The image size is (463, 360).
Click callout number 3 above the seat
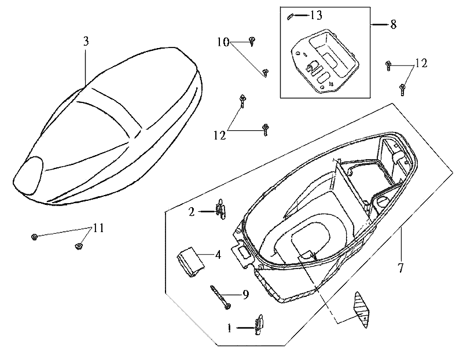click(86, 41)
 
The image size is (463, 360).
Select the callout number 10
click(223, 42)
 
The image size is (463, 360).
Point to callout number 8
click(393, 24)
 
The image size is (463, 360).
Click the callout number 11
click(98, 228)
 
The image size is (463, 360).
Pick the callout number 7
click(400, 268)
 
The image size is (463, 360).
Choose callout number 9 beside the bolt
click(245, 295)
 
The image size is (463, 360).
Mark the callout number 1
click(230, 329)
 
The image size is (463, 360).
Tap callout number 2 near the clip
click(192, 212)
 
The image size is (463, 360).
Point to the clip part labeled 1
click(259, 325)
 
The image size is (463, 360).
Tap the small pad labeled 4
click(189, 260)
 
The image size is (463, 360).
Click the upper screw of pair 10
click(252, 40)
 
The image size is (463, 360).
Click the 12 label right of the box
click(421, 64)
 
